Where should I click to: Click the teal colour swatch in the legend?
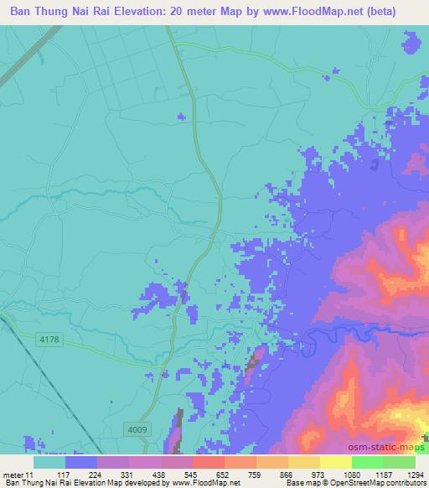(49, 462)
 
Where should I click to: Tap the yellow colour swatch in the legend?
(335, 462)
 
